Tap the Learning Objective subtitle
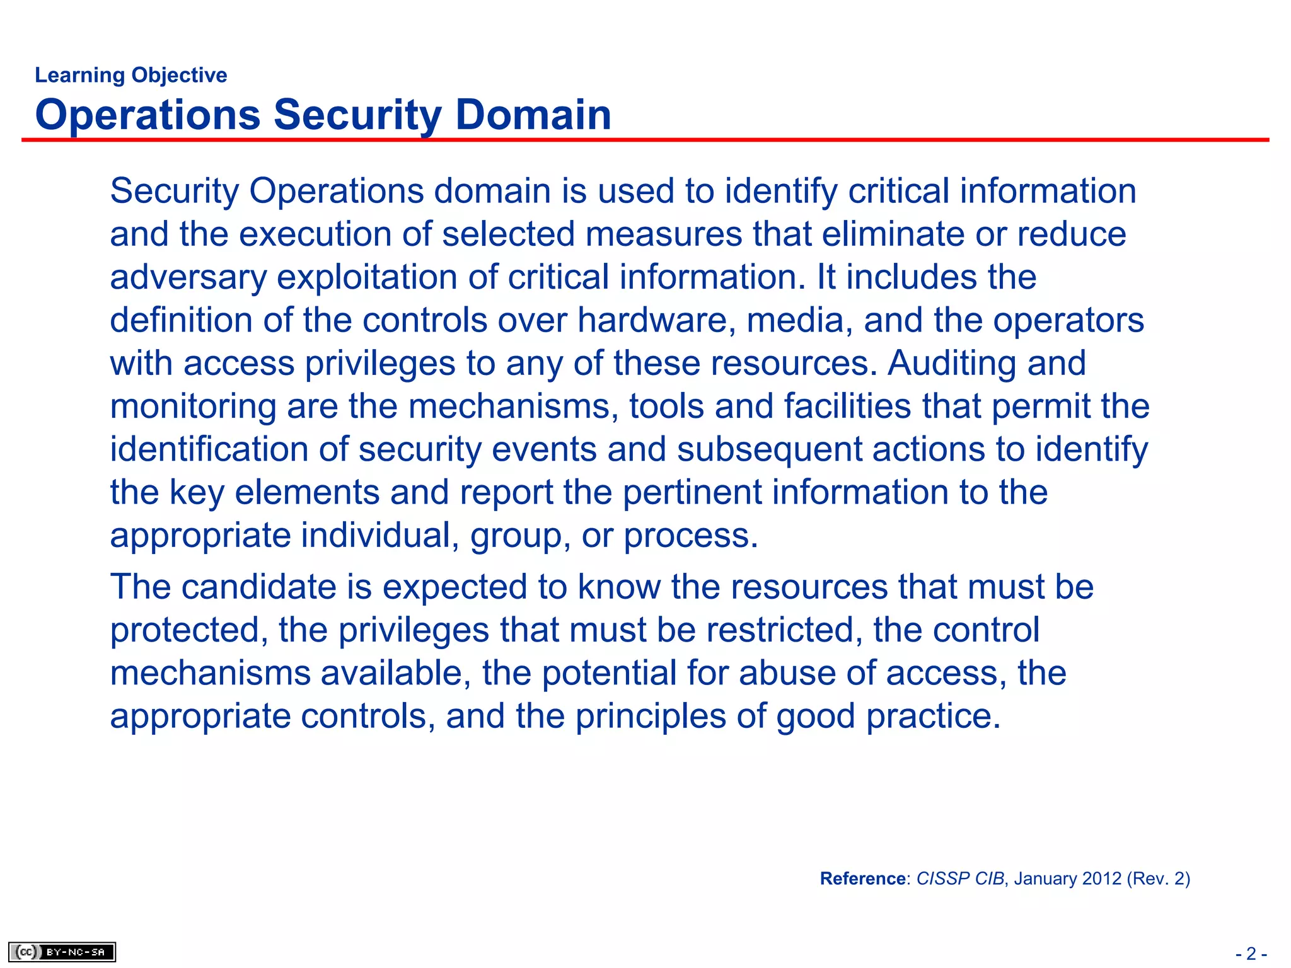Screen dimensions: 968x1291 [131, 75]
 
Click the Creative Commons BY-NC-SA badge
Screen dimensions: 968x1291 [62, 952]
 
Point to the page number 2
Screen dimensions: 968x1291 [1251, 954]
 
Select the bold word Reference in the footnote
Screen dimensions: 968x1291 [863, 879]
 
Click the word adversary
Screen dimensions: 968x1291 [188, 277]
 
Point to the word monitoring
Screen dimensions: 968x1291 [193, 406]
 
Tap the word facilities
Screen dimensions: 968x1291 [848, 406]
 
